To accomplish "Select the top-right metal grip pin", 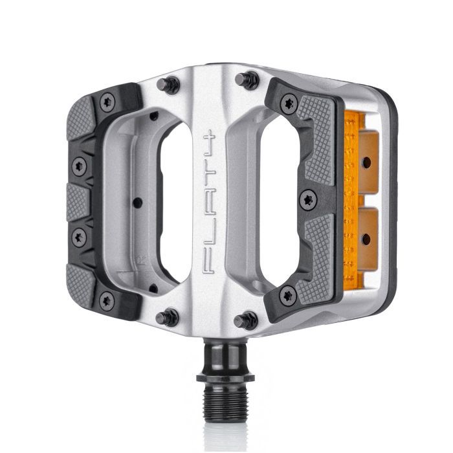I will (x=247, y=80).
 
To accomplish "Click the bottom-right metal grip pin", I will (x=247, y=319).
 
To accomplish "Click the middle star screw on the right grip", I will (x=309, y=199).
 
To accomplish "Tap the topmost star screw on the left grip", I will (x=107, y=100).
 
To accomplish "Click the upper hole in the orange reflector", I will (x=366, y=162).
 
